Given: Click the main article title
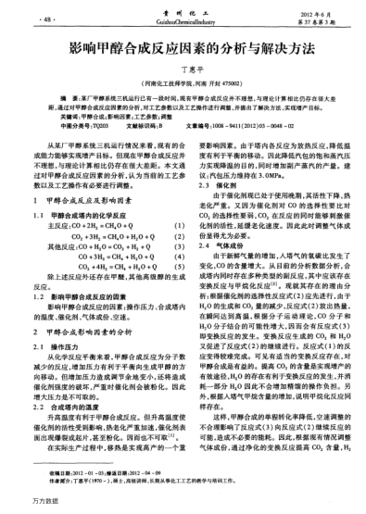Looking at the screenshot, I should tap(182, 45).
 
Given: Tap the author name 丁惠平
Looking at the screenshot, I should tap(182, 69).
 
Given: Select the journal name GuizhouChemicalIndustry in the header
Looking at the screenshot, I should tap(182, 19).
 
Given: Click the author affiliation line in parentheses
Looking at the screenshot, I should tap(182, 82).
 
